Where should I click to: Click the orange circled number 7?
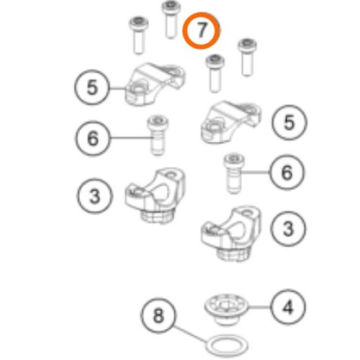201,31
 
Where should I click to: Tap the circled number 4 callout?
288,307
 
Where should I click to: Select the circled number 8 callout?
158,315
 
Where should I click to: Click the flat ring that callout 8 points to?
227,346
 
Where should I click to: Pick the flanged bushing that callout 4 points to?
226,309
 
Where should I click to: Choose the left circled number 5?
92,87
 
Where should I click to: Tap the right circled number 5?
289,122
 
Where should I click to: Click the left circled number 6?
93,138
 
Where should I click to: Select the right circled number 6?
287,172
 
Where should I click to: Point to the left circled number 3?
94,196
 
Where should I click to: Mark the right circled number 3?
288,228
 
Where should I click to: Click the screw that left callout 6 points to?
158,135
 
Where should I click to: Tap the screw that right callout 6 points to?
234,174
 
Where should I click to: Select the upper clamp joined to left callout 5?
156,84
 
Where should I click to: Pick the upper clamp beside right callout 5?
231,122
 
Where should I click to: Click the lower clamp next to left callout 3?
156,195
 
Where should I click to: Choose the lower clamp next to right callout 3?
231,233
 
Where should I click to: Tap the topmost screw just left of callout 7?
171,19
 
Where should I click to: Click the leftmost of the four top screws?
139,35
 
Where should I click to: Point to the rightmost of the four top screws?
247,57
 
